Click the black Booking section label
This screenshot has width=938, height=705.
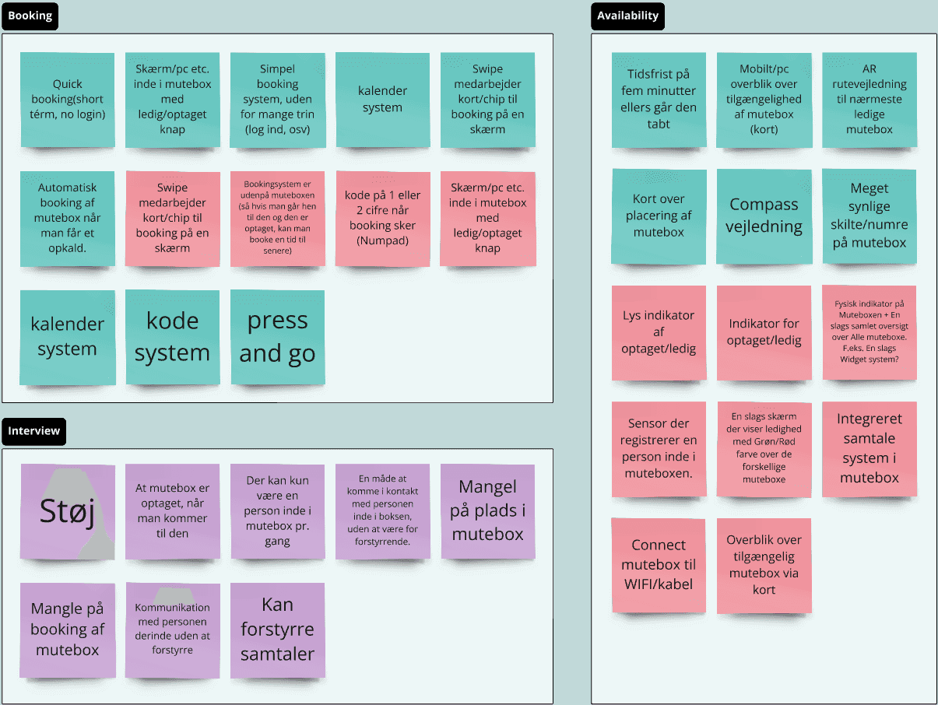click(x=30, y=16)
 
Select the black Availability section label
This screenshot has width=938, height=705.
click(x=627, y=16)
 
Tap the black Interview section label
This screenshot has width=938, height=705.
click(x=33, y=431)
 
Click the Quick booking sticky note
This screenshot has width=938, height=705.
click(x=67, y=100)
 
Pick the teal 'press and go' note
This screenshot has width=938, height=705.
click(x=277, y=337)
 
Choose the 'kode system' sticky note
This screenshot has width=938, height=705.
click(x=172, y=337)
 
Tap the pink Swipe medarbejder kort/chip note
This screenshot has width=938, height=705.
click(x=172, y=218)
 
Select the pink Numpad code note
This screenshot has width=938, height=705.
click(x=382, y=218)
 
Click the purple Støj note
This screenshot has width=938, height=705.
click(x=67, y=511)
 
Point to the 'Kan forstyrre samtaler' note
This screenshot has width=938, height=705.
click(x=277, y=630)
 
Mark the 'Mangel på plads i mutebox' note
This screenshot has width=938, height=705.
click(x=487, y=511)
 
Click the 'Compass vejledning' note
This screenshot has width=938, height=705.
click(x=764, y=216)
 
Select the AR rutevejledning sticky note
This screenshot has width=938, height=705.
click(x=869, y=100)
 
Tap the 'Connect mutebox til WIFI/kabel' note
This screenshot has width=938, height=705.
click(x=659, y=565)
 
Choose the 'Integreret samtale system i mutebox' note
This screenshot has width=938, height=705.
click(x=869, y=448)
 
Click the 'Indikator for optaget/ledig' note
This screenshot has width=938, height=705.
click(x=764, y=332)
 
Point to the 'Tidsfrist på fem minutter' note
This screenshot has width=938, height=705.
click(x=659, y=100)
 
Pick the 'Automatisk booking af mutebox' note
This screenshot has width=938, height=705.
click(x=67, y=218)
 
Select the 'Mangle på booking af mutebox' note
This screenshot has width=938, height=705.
click(x=67, y=630)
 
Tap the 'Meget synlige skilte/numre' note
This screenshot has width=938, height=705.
click(x=869, y=216)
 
